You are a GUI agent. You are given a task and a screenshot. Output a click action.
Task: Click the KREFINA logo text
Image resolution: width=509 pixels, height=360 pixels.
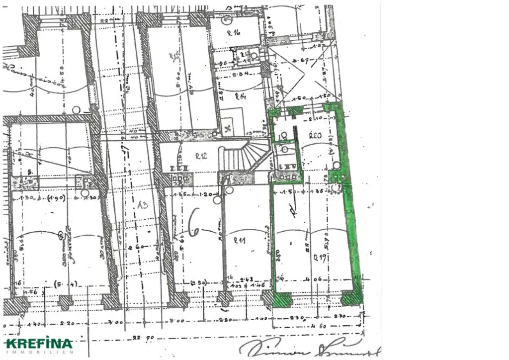pos(39,344)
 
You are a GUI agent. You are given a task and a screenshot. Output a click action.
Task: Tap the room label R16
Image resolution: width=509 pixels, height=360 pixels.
pos(234,33)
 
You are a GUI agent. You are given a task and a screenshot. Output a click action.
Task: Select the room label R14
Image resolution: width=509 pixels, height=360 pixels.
pos(241,96)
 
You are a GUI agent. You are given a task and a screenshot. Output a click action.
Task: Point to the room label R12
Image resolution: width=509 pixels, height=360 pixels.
pos(201,156)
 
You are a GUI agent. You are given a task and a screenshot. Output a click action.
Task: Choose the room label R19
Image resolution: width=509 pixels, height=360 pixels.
pos(319,257)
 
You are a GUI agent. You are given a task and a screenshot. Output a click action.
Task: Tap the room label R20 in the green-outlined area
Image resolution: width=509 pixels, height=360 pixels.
pos(315,135)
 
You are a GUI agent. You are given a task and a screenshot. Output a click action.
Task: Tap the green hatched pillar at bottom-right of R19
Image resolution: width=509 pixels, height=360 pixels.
pos(352,297)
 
